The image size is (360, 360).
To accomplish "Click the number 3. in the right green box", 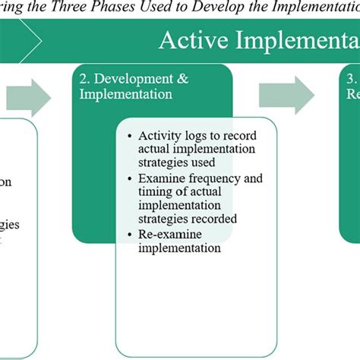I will point(350,79).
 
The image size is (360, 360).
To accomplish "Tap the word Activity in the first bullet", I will point(158,135).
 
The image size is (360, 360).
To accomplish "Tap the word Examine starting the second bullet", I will point(159,178).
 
